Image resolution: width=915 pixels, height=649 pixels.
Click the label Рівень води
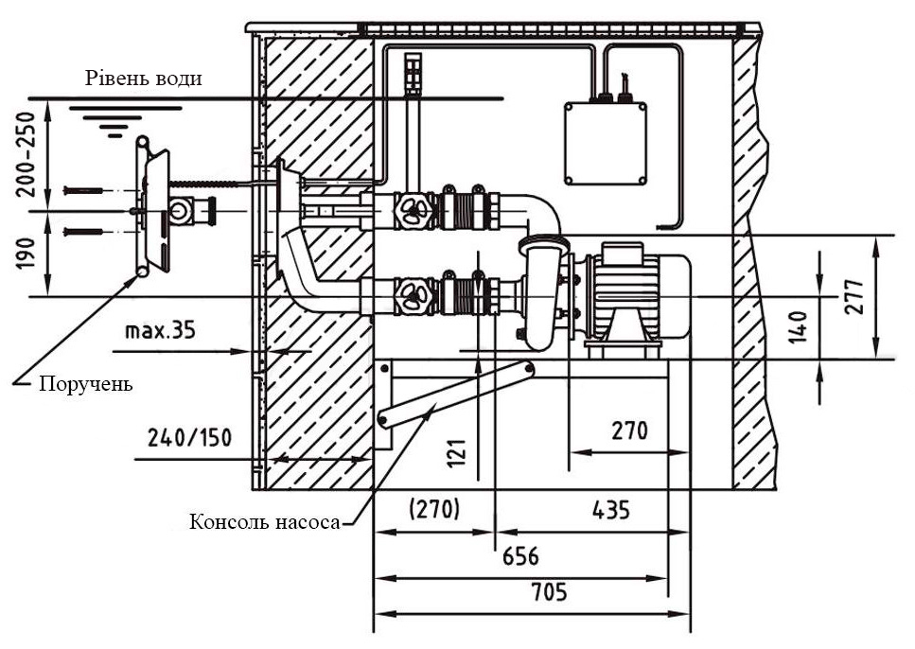click(x=143, y=78)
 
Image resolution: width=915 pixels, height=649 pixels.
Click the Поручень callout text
click(x=85, y=384)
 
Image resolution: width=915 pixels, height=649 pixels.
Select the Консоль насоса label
click(x=264, y=521)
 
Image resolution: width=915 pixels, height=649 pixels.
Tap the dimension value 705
click(x=549, y=593)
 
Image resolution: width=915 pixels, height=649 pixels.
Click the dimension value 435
click(x=610, y=510)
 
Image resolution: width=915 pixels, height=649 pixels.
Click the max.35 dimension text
click(x=158, y=331)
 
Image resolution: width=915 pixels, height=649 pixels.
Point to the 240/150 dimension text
click(x=189, y=437)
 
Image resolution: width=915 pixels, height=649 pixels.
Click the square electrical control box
click(x=607, y=143)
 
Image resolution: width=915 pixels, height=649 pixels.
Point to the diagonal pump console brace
click(x=455, y=394)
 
